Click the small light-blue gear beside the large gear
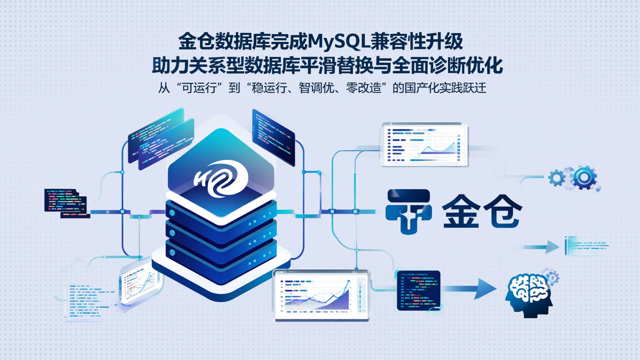(556, 178)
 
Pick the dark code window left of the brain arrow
(418, 290)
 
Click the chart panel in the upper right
(425, 145)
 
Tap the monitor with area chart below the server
(321, 295)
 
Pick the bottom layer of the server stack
(221, 253)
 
